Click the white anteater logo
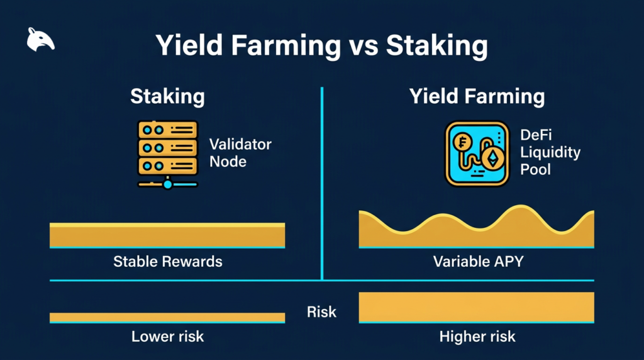[41, 40]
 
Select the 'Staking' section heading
[167, 97]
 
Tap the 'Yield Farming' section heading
[477, 97]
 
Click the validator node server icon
[167, 154]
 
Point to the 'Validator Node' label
[240, 153]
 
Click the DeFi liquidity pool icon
[477, 154]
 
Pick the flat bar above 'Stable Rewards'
[167, 235]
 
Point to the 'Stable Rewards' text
[167, 261]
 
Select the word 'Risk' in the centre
[321, 312]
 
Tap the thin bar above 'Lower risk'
[167, 318]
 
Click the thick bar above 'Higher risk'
[476, 307]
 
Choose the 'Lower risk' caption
[167, 337]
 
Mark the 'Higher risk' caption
[477, 337]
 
